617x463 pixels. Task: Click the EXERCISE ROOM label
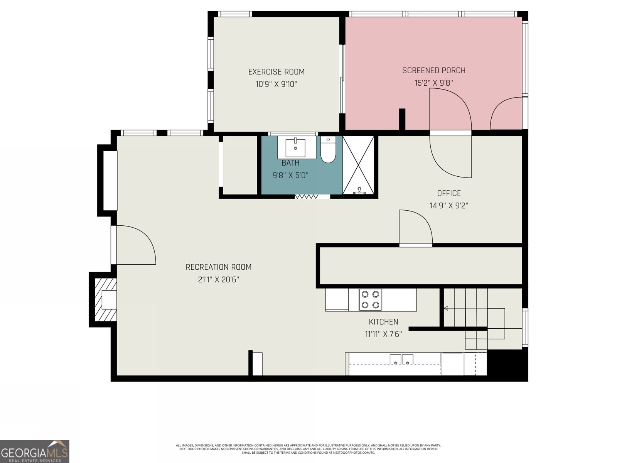pos(276,72)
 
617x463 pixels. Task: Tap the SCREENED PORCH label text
pos(434,71)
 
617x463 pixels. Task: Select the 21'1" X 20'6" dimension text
pos(218,279)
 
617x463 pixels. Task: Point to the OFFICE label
pos(449,193)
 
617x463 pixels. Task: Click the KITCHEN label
pos(383,322)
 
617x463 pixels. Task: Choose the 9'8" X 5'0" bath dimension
pos(290,176)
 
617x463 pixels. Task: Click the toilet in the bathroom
pos(328,150)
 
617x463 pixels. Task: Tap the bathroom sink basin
pos(295,148)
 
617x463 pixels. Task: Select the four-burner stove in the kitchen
pos(370,300)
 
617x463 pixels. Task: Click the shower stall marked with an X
pos(358,165)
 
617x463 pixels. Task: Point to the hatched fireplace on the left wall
pos(106,300)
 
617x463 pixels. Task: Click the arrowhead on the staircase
pos(445,308)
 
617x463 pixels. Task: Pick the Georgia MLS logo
pos(35,451)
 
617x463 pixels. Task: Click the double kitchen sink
pos(401,360)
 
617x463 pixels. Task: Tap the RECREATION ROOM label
pos(218,267)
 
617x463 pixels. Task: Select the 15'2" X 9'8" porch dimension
pos(434,83)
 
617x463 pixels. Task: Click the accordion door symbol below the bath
pos(307,196)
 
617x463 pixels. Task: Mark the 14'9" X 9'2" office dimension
pos(449,206)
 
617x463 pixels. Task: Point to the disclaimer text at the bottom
pos(308,449)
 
